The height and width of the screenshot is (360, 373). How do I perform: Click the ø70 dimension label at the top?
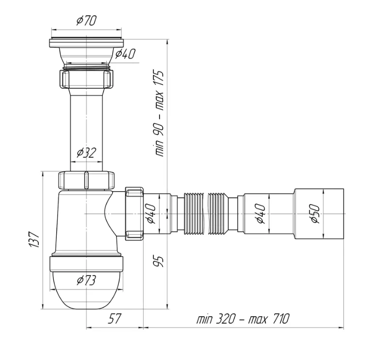pos(86,20)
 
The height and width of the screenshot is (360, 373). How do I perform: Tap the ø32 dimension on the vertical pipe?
pos(86,152)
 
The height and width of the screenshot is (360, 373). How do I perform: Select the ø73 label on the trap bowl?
pos(86,280)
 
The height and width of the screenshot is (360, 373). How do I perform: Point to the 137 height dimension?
pos(34,239)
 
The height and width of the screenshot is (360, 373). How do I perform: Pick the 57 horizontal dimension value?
pos(114,319)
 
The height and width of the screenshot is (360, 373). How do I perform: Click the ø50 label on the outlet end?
pos(315,213)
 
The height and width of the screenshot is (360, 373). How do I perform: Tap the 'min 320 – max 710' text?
pos(243,319)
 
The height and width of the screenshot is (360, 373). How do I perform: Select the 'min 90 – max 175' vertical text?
pos(159,113)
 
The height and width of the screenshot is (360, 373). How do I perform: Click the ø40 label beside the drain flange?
pos(125,54)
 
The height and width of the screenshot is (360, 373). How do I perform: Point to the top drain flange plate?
pos(86,43)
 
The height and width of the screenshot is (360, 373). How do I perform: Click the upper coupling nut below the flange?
pos(86,79)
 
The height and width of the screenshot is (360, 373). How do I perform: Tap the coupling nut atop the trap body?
pos(86,180)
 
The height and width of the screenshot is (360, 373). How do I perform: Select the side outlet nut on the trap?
pos(134,214)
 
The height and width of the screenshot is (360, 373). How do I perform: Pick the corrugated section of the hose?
pos(206,213)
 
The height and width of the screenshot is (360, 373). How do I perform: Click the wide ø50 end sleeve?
pos(319,213)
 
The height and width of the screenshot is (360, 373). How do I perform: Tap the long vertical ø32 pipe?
pos(86,129)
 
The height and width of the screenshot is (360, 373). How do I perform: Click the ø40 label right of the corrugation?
pos(261,213)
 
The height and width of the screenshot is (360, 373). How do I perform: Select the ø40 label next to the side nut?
pos(151,213)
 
